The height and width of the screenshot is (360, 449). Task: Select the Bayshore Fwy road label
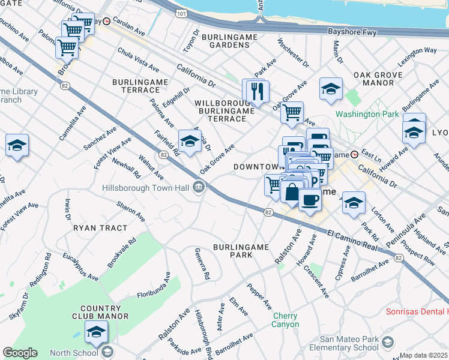pos(351,30)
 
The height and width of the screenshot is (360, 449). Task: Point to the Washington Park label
pos(367,114)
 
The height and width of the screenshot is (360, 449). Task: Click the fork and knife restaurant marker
pos(258,91)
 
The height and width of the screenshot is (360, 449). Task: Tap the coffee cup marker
pos(310,199)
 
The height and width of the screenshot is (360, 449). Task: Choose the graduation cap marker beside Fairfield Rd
pos(190,141)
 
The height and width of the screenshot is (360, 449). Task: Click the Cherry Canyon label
pos(286,320)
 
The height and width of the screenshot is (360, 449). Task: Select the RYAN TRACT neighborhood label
pos(100,228)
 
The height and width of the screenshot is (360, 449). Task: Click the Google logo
pos(20,353)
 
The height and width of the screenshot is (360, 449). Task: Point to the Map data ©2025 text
pos(424,355)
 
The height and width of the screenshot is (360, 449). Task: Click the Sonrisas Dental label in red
pos(417,312)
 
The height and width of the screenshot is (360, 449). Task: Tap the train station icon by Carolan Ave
pos(107,20)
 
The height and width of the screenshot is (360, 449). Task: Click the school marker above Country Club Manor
pos(96,331)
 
